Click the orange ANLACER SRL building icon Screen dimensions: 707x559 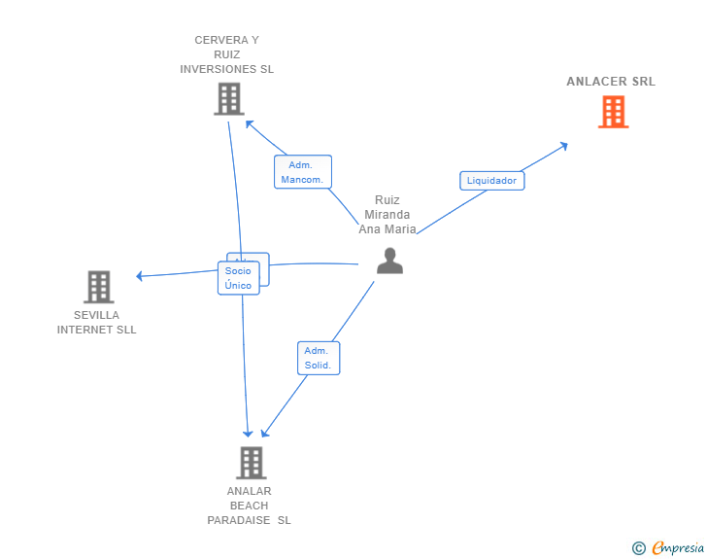coord(613,112)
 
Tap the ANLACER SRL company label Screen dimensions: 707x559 coord(611,82)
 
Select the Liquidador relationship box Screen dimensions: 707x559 coord(492,181)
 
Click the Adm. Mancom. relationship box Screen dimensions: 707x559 coord(303,172)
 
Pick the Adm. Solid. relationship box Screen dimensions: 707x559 coord(319,358)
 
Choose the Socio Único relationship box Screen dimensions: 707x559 coord(239,278)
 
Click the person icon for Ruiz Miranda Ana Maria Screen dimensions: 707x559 coord(390,261)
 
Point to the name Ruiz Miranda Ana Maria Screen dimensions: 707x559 coord(387,215)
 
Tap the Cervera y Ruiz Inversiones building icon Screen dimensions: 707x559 coord(229,99)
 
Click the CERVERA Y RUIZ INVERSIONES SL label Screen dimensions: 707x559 coord(227,54)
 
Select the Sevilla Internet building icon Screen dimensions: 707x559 coord(99,287)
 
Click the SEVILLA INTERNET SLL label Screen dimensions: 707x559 coord(96,323)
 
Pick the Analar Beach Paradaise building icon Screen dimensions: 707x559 coord(252,463)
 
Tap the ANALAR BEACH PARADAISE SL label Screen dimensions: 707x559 coord(249,506)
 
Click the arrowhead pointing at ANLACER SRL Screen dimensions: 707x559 coord(563,146)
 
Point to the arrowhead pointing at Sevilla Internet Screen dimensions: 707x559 coord(140,276)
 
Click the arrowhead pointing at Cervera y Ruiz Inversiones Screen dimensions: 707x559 coord(250,123)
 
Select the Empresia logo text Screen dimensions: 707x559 coord(678,547)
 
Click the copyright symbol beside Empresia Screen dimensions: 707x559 coord(638,548)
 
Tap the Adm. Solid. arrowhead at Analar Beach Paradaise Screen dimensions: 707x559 coord(265,433)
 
